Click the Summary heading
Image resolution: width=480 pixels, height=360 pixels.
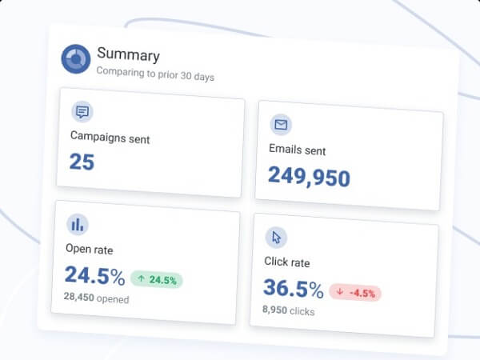coord(128,55)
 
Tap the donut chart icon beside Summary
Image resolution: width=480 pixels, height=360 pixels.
coord(76,58)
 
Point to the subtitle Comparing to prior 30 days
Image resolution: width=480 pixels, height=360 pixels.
coord(155,74)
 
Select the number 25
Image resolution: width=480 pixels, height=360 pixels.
coord(82,162)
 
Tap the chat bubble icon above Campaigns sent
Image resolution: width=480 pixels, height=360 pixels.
coord(82,112)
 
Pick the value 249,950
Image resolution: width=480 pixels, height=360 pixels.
coord(309,176)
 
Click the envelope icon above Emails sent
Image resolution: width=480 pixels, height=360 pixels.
coord(281,125)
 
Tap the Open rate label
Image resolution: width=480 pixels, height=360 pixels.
coord(90,250)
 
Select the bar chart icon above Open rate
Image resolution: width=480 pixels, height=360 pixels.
coord(78,224)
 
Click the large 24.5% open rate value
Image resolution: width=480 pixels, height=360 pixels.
coord(94,276)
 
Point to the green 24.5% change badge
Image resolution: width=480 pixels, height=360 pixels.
coord(157,280)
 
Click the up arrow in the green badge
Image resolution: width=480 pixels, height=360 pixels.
coord(142,279)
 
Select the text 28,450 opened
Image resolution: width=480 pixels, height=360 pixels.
coord(96,299)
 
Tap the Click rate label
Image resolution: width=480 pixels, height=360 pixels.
coord(286,262)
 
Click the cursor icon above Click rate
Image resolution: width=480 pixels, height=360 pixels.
coord(276,237)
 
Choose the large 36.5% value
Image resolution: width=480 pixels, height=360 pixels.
coord(293,289)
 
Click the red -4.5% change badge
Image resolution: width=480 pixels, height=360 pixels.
coord(355,292)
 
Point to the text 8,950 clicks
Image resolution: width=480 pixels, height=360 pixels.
coord(288,310)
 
